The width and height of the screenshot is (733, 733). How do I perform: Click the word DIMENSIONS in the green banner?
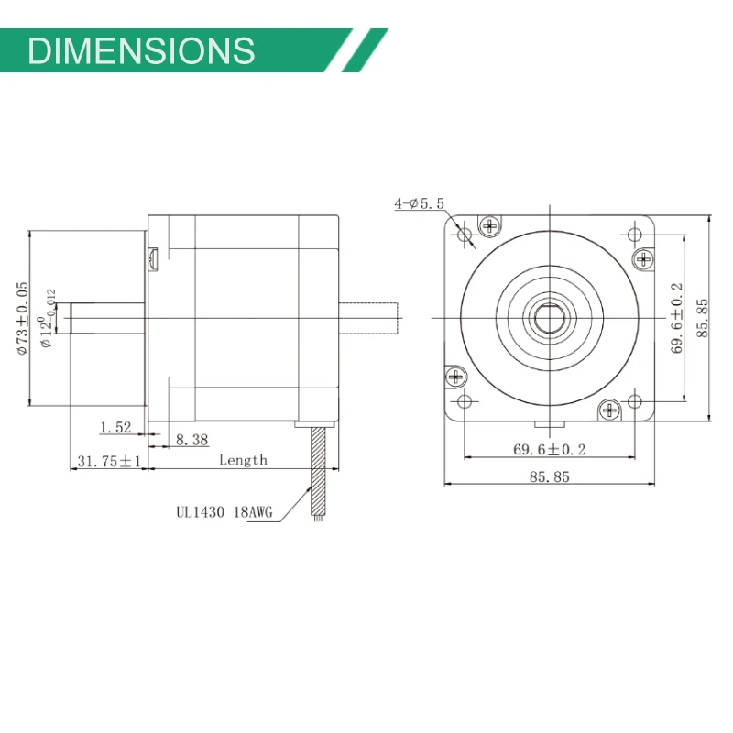[x=141, y=49]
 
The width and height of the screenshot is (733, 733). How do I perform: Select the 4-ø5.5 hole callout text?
[x=419, y=203]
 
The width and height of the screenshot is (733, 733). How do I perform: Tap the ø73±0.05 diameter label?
[x=23, y=317]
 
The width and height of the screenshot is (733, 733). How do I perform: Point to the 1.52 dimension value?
[x=115, y=426]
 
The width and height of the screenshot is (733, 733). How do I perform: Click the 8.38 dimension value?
[x=191, y=441]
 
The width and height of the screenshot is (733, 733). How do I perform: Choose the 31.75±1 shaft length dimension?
[x=107, y=462]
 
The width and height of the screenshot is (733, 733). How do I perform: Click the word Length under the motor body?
[x=243, y=460]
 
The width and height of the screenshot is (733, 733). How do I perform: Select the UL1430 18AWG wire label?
[x=224, y=514]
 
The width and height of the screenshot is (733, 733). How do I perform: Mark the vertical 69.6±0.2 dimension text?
[x=677, y=318]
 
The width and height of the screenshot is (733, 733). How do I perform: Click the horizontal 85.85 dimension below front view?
[x=550, y=477]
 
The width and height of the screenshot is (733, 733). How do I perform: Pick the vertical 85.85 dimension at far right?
[x=703, y=318]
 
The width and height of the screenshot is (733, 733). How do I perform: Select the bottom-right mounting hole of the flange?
[x=635, y=401]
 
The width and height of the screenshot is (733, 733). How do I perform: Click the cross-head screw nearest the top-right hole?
[x=643, y=258]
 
